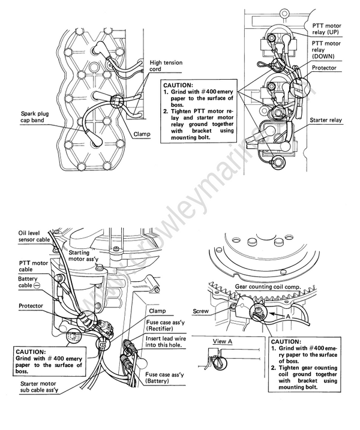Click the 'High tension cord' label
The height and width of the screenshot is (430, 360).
pos(166,66)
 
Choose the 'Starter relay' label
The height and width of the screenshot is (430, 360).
pos(326,121)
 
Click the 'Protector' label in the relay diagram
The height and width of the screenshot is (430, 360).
pos(328,68)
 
